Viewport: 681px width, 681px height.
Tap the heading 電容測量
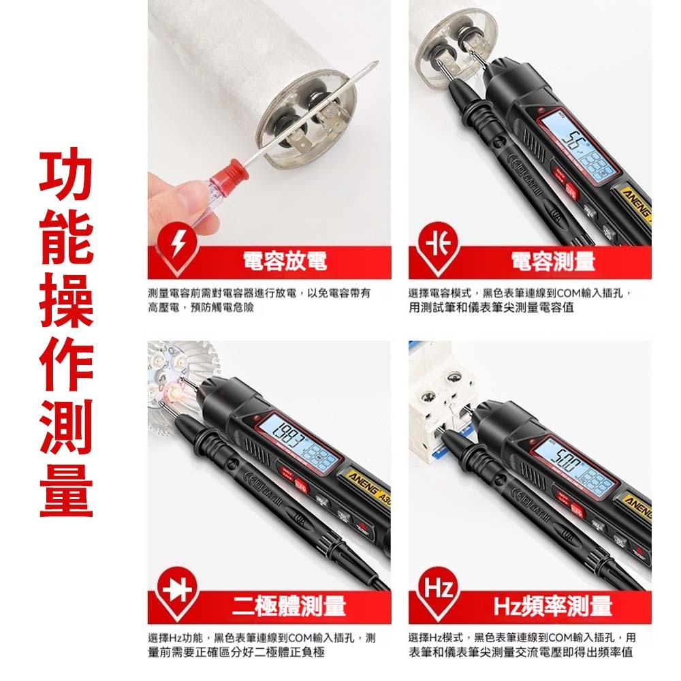(x=553, y=261)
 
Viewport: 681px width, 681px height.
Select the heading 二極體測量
(x=289, y=605)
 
